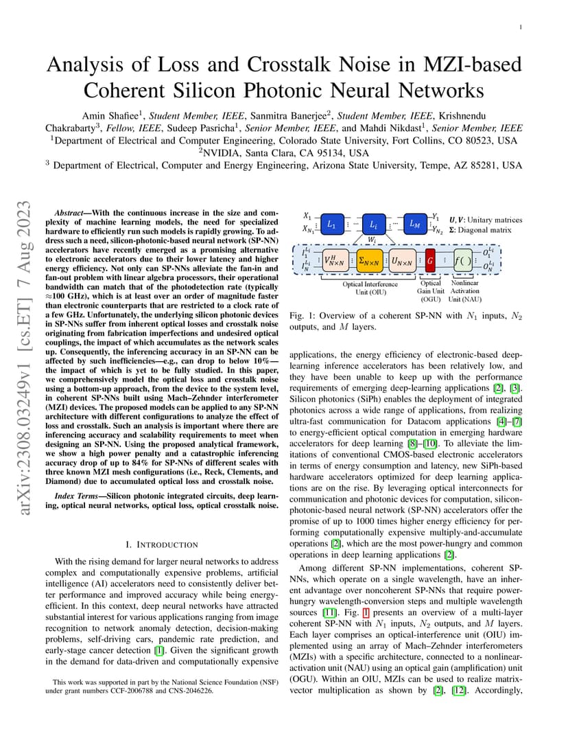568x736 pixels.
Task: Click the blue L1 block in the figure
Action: [331, 225]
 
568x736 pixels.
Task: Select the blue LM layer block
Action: [415, 224]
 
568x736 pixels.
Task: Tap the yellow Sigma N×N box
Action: [370, 262]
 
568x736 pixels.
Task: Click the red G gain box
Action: [430, 262]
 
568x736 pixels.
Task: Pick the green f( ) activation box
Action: [463, 262]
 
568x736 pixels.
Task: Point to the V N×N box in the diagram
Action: [336, 262]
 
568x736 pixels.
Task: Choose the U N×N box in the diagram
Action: [402, 262]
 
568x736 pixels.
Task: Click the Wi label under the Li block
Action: [372, 240]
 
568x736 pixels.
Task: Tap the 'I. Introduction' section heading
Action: [162, 544]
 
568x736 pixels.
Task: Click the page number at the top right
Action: [521, 27]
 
